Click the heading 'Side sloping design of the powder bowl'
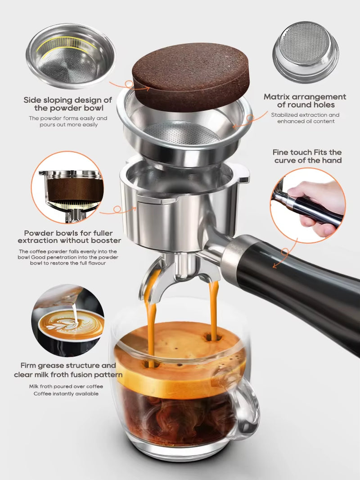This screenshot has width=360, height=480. [x=67, y=104]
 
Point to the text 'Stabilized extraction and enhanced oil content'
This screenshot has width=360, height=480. [x=305, y=118]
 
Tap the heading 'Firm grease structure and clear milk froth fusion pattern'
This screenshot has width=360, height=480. [x=68, y=370]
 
